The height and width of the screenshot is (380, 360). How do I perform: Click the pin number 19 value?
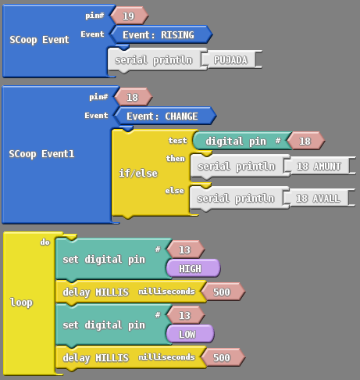130,16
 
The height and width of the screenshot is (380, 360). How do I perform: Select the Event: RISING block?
162,34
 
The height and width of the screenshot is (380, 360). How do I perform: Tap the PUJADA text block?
232,59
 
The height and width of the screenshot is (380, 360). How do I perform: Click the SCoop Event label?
39,40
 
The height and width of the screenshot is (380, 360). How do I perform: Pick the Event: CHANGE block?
166,116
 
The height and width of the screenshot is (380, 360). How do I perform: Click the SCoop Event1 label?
41,154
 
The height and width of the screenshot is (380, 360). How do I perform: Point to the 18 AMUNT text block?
320,166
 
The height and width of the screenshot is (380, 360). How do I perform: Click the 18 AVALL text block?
319,198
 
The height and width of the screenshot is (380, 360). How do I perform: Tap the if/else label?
138,173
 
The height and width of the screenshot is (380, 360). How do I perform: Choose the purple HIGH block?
193,268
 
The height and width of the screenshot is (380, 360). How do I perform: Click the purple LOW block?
190,334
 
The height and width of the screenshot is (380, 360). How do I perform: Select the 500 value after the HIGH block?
223,292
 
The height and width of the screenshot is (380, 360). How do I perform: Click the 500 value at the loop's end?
223,357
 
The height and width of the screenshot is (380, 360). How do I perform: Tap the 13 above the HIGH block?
186,249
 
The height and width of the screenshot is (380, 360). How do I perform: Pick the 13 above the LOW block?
186,315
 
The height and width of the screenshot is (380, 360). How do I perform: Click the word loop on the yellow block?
21,303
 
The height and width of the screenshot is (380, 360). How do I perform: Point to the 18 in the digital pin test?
306,141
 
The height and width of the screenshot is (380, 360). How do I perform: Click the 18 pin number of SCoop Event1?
134,97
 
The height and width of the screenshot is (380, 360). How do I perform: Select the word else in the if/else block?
175,191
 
